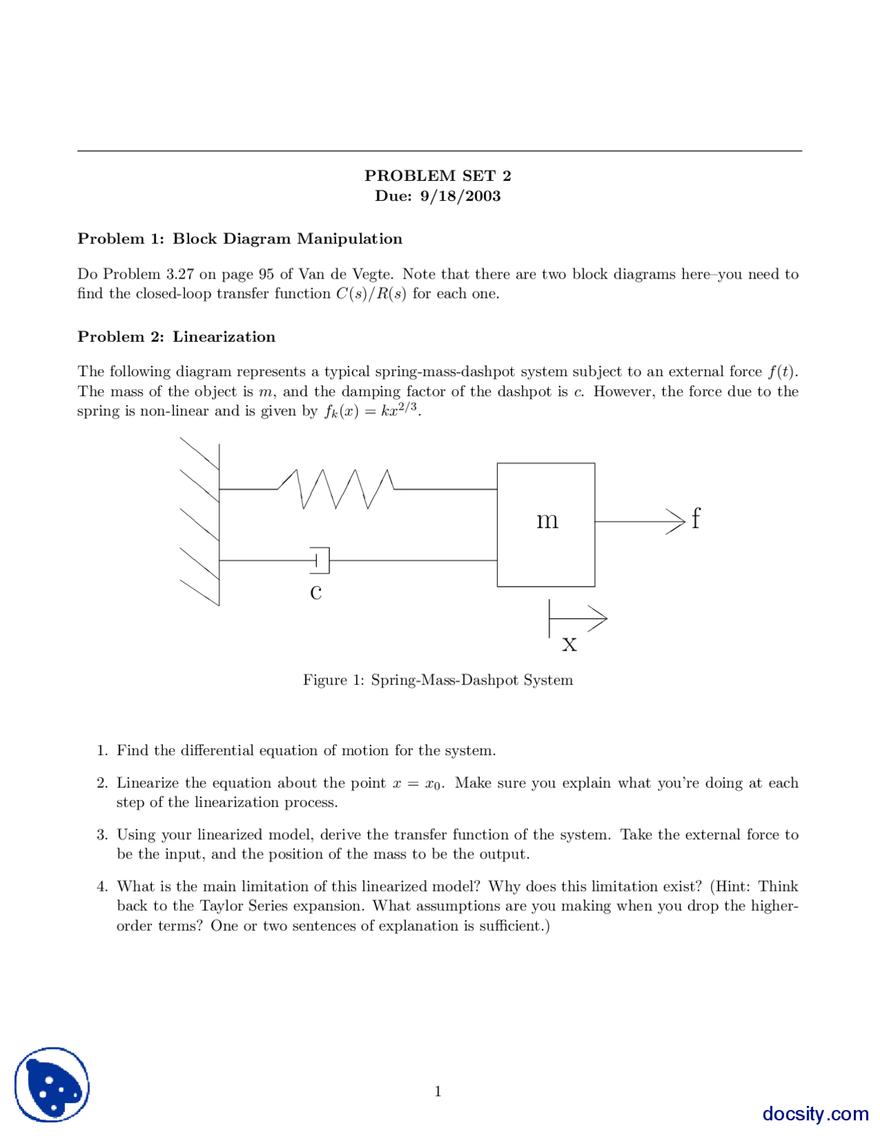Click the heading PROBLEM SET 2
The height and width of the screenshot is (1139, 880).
(x=437, y=175)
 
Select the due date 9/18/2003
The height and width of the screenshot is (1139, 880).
(x=460, y=196)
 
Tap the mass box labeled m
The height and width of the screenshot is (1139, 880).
(x=546, y=524)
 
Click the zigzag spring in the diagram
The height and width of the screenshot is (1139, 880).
(x=335, y=488)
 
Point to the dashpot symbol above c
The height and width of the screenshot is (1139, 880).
(x=321, y=560)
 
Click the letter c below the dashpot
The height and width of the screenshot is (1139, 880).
(x=316, y=592)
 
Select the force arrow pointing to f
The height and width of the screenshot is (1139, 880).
(x=639, y=521)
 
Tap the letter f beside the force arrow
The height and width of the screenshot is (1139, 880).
(x=696, y=518)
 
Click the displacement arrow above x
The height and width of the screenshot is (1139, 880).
(x=577, y=618)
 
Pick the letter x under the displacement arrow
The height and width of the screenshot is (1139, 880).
(x=569, y=644)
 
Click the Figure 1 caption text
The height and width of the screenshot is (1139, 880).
(x=438, y=680)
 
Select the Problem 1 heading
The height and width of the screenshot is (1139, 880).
(x=240, y=239)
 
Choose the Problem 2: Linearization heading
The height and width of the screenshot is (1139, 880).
(x=176, y=336)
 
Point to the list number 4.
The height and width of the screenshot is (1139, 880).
(x=102, y=887)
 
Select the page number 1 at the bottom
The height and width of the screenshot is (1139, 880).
(x=438, y=1092)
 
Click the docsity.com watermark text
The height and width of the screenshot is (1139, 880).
(x=815, y=1114)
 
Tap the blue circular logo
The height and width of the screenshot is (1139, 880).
(x=52, y=1085)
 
